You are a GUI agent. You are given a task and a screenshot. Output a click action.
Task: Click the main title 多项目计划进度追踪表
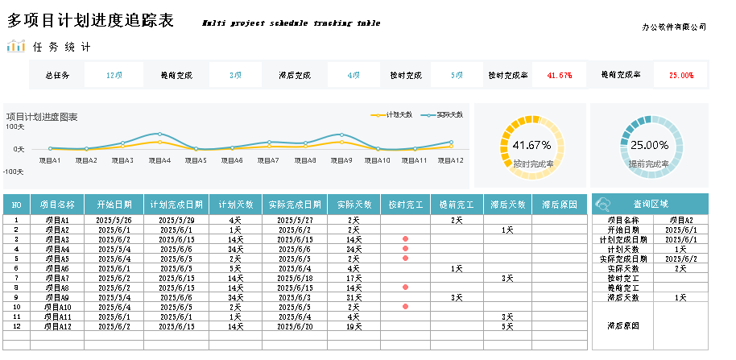click(90, 22)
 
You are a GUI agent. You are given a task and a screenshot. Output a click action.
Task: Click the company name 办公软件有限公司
click(674, 27)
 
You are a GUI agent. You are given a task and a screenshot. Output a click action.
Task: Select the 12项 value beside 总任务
click(114, 75)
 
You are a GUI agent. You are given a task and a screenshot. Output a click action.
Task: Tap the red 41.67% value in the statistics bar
click(560, 75)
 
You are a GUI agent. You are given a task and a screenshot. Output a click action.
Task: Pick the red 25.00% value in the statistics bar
click(681, 75)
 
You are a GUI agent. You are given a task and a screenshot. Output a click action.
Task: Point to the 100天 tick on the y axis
click(15, 126)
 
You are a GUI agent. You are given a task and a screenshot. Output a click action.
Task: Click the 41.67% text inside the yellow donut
click(531, 146)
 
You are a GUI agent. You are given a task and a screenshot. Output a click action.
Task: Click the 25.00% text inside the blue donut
click(649, 146)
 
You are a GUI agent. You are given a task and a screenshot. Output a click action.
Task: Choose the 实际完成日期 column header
click(294, 205)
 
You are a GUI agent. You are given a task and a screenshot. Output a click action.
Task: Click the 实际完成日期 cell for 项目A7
click(294, 278)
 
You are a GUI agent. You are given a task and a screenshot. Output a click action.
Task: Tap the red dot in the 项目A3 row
click(405, 239)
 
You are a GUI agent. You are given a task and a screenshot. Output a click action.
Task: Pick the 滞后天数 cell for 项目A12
click(507, 326)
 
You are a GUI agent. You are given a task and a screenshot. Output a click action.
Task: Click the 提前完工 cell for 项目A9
click(456, 297)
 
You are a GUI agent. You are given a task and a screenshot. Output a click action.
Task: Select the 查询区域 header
click(651, 204)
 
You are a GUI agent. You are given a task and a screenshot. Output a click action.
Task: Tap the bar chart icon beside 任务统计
click(16, 47)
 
